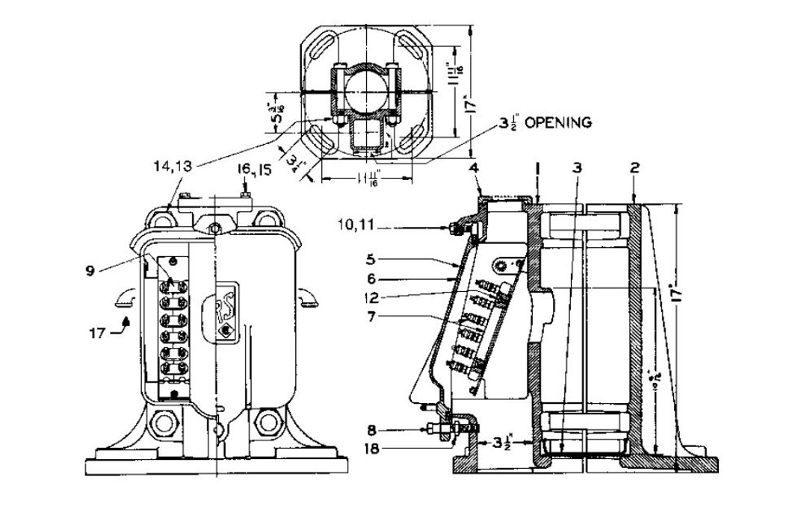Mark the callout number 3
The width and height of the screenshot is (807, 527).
[577, 168]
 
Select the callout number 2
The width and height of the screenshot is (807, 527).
[634, 168]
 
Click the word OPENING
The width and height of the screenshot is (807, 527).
[557, 122]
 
